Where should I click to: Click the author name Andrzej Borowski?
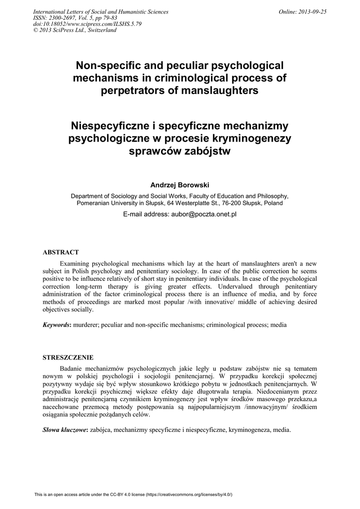180,185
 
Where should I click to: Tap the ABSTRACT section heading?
61,253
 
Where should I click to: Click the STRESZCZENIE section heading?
68,358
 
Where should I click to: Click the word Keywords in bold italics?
56,325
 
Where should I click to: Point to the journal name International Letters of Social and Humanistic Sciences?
100,12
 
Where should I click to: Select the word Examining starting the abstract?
76,263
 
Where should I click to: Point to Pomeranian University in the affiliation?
108,203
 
